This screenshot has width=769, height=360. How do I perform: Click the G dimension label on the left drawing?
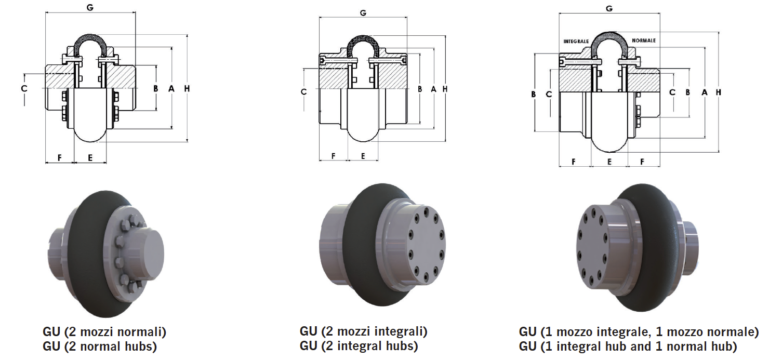coord(91,7)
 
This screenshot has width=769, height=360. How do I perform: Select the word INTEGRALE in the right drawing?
coord(576,41)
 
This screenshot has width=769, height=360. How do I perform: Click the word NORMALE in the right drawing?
coord(644,41)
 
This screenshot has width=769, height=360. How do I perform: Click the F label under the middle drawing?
coord(333,156)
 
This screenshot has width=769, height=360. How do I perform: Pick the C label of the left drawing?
coord(24,89)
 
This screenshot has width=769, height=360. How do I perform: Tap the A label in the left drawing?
coord(171,89)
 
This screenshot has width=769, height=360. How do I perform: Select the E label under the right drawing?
coord(609,162)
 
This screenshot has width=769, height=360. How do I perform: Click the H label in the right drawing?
coord(719,92)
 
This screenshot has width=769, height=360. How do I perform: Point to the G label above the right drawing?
coord(609,8)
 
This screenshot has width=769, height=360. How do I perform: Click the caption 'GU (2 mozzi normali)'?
coord(104,331)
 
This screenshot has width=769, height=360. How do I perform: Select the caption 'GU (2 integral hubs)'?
coord(359,345)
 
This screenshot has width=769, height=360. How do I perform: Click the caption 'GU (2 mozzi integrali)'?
coord(363,331)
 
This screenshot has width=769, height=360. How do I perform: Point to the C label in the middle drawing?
coord(304,92)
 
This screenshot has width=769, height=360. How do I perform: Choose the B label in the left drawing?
coord(155,89)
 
